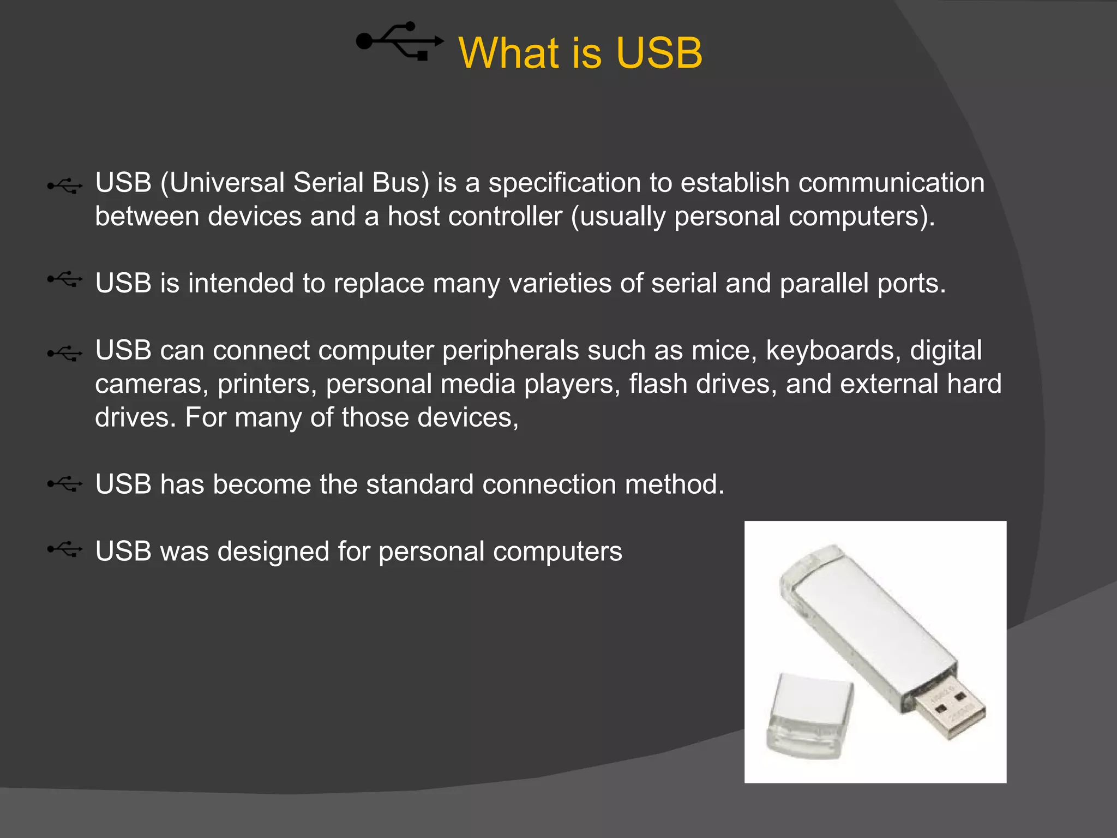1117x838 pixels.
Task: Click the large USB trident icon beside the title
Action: pos(400,41)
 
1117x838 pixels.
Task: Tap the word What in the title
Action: pos(508,53)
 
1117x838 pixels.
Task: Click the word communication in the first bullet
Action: pos(891,183)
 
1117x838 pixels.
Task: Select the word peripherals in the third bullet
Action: pos(510,351)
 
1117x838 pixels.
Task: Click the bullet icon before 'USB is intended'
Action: pos(64,279)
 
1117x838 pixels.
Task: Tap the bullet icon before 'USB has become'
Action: pos(64,483)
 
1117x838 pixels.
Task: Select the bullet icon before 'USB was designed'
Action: pos(64,549)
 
